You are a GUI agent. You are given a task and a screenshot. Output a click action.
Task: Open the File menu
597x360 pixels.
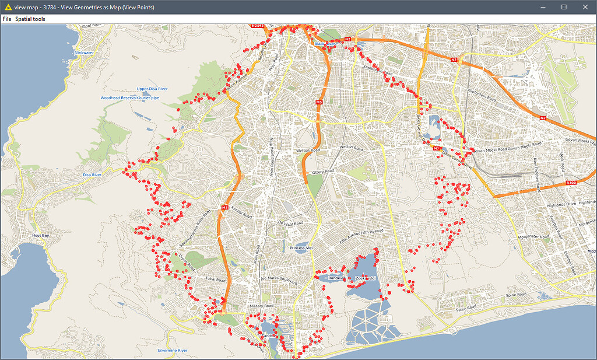7,19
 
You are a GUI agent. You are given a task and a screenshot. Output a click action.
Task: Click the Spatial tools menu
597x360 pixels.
30,19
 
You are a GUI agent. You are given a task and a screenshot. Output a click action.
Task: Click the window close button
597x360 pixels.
584,7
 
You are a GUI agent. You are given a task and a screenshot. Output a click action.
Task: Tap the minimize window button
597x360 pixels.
543,7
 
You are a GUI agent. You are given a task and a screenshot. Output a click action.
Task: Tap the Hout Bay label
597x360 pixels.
41,235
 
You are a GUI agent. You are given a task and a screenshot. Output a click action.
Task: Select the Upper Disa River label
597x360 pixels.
152,89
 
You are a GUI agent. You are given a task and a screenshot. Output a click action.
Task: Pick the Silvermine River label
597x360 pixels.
173,350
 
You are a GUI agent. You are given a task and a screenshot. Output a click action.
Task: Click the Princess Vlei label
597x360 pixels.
302,248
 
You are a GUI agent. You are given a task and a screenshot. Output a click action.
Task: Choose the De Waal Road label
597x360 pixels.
290,223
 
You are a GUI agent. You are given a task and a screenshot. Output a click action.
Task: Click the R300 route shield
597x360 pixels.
571,183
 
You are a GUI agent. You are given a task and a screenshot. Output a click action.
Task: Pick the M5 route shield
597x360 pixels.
319,103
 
